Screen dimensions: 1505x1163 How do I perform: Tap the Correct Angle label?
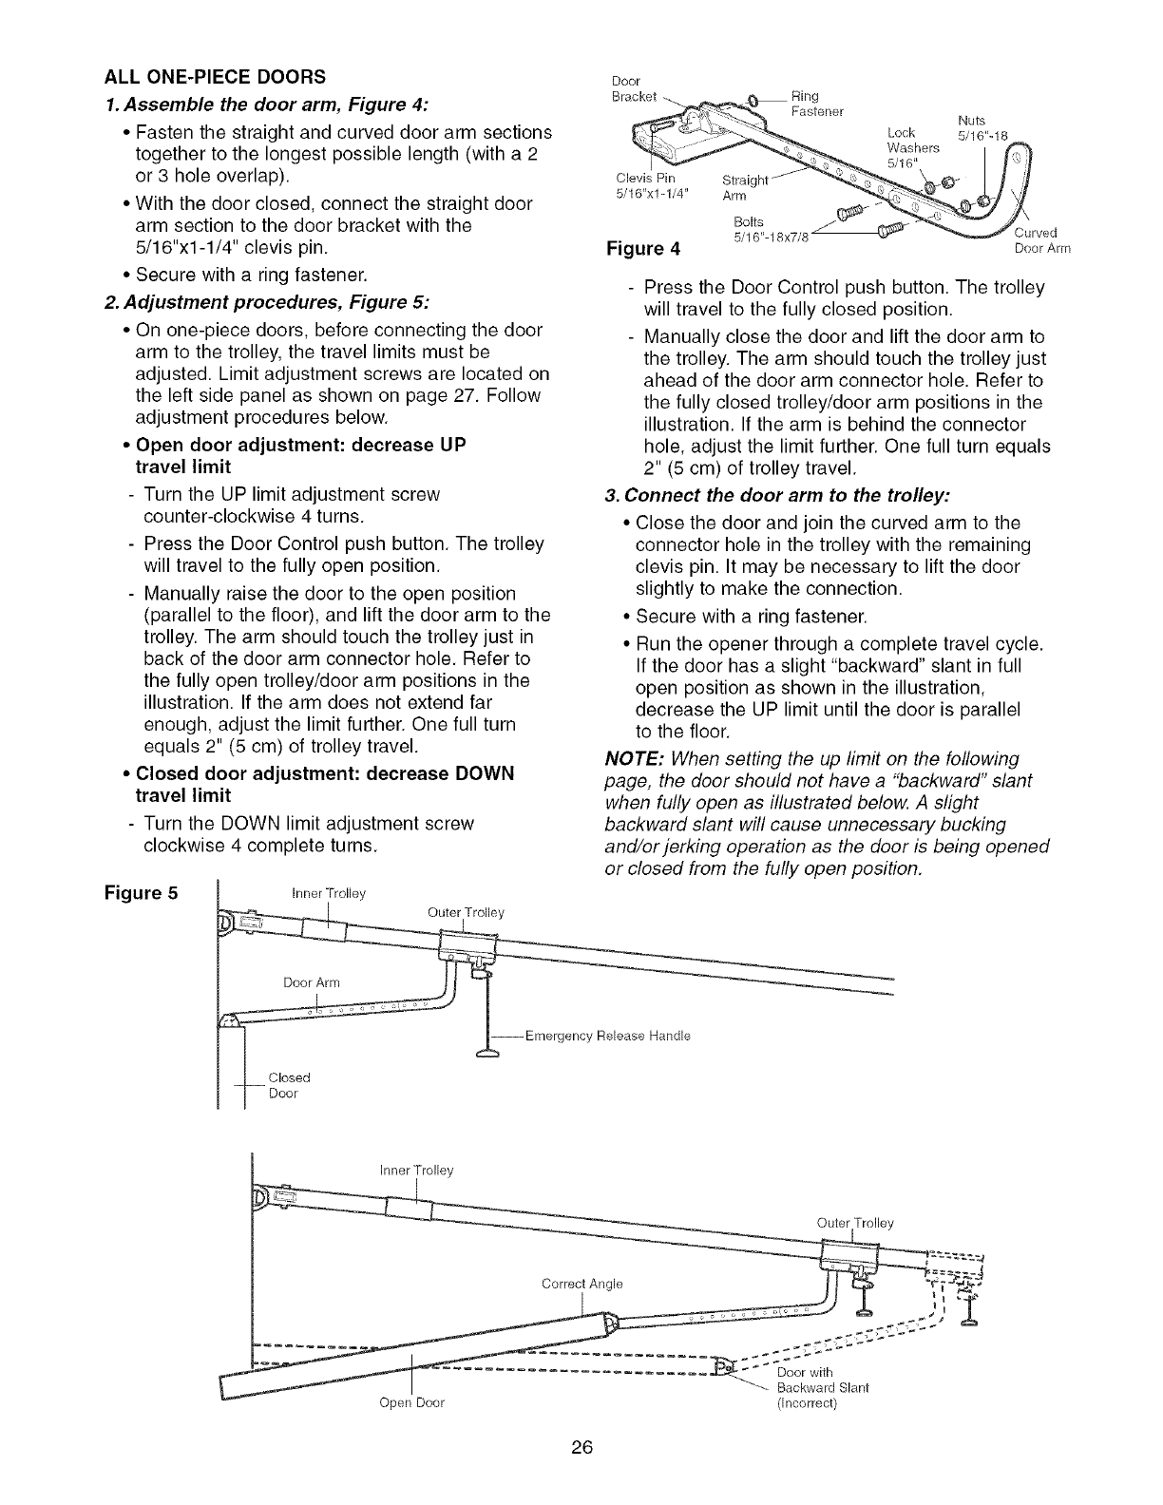[x=581, y=1284]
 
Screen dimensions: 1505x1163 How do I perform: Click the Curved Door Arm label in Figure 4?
[x=1041, y=241]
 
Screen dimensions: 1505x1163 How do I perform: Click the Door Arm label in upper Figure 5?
[x=311, y=981]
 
